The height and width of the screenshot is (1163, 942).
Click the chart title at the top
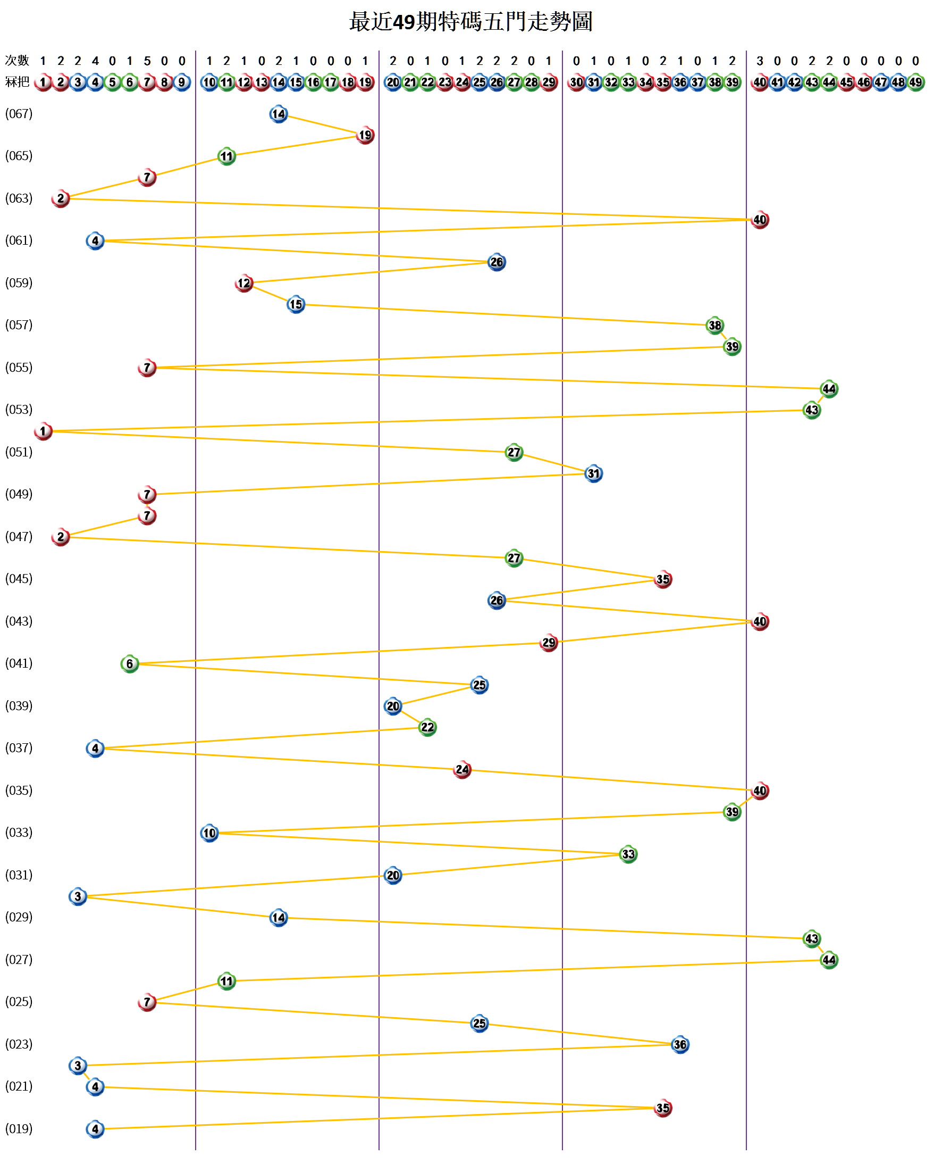coord(470,22)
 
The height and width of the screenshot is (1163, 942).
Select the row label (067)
coord(19,114)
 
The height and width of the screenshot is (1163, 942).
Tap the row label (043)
coord(19,621)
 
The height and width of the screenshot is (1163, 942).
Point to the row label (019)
coord(19,1129)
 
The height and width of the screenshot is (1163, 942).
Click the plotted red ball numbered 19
coord(365,135)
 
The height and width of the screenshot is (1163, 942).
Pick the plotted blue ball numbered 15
coord(296,304)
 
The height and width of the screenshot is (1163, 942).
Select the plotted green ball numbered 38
coord(714,325)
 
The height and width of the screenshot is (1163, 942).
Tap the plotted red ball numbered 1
coord(43,431)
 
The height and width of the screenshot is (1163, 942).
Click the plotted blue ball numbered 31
coord(594,473)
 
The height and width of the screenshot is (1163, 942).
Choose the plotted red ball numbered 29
coord(549,643)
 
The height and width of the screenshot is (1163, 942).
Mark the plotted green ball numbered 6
coord(130,663)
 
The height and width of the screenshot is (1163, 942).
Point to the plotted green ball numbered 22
coord(427,727)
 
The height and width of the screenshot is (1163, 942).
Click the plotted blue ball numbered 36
coord(680,1044)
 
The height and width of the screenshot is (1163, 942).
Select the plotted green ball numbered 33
coord(628,854)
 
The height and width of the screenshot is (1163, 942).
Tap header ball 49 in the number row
coord(915,82)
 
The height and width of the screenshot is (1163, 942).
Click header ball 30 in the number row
coord(576,82)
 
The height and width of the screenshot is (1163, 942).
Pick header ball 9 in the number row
coord(182,82)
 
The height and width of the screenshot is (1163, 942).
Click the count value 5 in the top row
coord(147,61)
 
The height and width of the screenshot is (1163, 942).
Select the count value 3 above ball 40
coord(760,61)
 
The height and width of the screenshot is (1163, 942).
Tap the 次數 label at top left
coord(17,60)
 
